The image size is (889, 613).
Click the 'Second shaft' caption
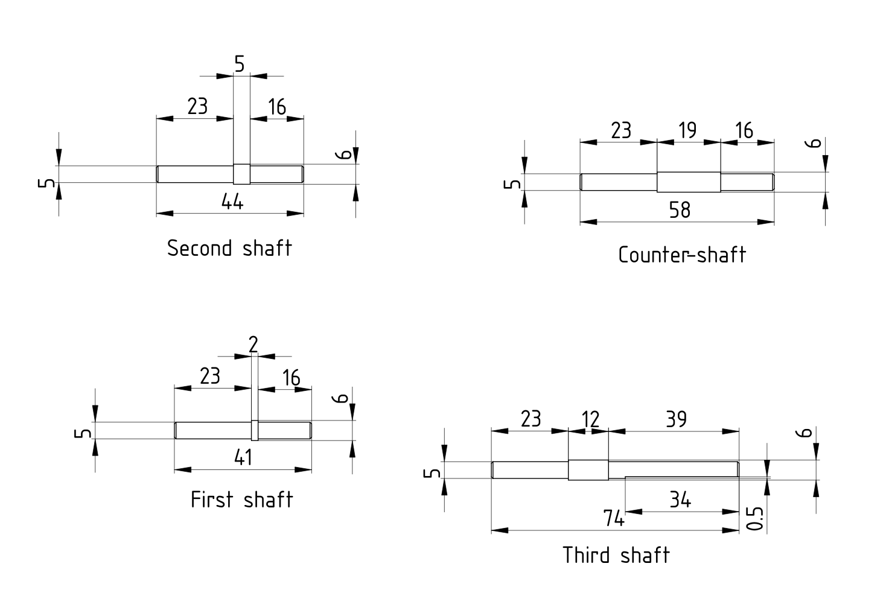[229, 248]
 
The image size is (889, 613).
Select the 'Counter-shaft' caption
[682, 255]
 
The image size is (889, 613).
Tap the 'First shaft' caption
[241, 500]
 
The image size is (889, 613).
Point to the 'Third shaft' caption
[616, 554]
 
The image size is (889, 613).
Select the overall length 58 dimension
[680, 210]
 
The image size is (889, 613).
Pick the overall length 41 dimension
[243, 458]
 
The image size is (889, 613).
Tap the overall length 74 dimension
[614, 518]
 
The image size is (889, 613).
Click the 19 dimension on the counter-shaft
[687, 130]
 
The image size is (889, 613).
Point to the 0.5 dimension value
[756, 518]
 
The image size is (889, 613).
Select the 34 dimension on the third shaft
[680, 500]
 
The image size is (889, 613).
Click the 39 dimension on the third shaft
[677, 419]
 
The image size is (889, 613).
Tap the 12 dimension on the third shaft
[590, 419]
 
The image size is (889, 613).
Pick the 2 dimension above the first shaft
[253, 345]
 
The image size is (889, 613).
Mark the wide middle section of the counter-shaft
[688, 182]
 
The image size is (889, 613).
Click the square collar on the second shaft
[241, 174]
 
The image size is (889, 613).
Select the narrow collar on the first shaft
[254, 430]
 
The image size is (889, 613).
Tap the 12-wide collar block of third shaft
[588, 470]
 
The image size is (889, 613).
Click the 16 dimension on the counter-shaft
[745, 130]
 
